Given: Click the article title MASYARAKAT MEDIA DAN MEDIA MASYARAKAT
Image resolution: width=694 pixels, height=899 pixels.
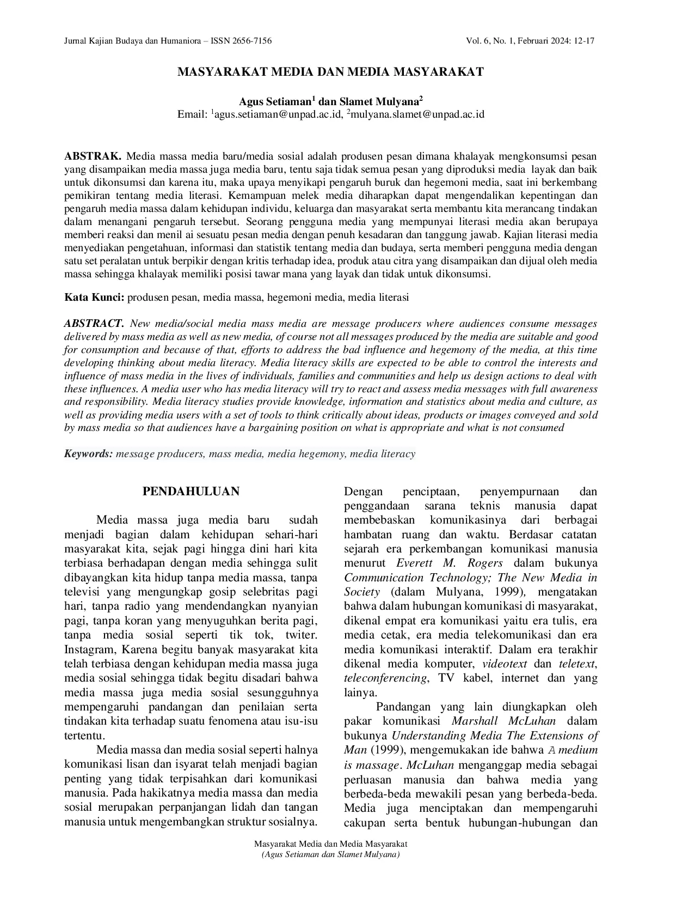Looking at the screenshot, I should click(x=330, y=72).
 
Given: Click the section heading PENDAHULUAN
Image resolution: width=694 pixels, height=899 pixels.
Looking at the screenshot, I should click(x=191, y=491).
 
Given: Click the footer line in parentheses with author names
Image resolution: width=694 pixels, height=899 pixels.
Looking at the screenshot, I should click(x=330, y=855).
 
